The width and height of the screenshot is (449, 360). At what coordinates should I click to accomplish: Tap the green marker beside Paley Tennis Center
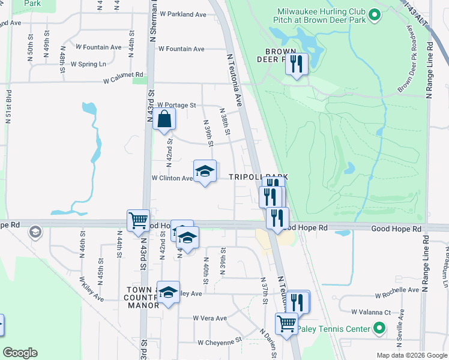tap(378, 328)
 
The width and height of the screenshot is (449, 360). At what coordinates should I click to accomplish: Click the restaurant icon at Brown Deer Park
tap(296, 64)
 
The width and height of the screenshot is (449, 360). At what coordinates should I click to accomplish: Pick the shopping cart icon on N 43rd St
tap(138, 220)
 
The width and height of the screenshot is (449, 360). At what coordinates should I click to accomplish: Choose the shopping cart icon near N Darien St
tap(287, 323)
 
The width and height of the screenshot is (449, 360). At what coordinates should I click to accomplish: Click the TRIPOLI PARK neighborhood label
tap(258, 177)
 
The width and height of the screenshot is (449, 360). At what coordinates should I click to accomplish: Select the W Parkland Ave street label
tap(183, 14)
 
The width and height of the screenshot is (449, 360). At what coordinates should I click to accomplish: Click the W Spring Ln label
tap(88, 64)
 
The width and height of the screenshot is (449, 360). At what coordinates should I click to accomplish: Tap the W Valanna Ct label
tap(371, 312)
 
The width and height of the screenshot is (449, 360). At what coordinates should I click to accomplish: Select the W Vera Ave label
tap(209, 318)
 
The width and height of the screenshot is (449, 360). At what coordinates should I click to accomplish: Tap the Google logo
tap(20, 353)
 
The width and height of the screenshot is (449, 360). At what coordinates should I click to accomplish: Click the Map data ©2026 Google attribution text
tap(411, 355)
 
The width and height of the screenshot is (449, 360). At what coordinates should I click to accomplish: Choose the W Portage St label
tap(175, 105)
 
